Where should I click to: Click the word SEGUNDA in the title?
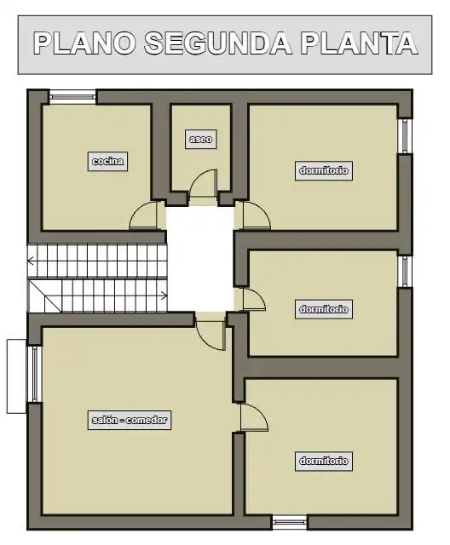click(218, 43)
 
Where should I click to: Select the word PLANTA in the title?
click(359, 43)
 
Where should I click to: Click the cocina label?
click(107, 161)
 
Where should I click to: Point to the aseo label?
click(201, 140)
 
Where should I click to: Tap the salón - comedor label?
click(130, 420)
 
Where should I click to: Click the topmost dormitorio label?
click(324, 170)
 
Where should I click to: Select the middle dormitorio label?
click(324, 309)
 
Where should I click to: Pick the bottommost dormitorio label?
click(324, 461)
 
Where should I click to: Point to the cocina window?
click(72, 97)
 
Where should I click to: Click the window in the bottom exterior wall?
click(289, 522)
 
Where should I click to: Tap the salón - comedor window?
click(34, 374)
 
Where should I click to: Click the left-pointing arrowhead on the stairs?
click(31, 261)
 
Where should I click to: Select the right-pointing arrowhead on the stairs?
click(164, 295)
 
